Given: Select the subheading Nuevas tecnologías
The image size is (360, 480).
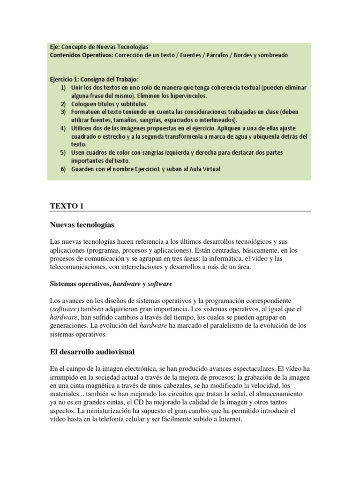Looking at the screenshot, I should point(82,225).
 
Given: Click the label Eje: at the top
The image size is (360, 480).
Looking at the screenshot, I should point(55,47).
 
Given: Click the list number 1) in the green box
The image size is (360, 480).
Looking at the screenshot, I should point(63,88).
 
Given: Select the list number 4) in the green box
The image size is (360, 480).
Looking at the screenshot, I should point(63,128).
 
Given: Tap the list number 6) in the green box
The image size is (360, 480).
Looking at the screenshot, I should point(63,169).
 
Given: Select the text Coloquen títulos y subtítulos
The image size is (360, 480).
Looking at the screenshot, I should point(109,104).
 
